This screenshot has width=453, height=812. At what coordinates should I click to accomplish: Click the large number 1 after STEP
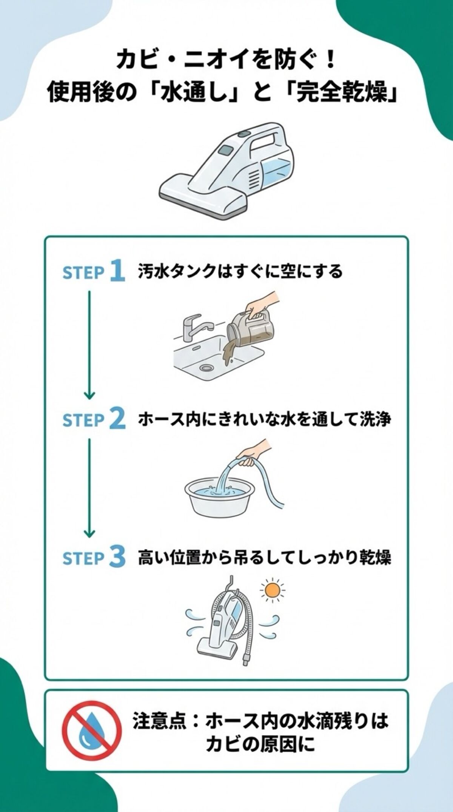click(117, 271)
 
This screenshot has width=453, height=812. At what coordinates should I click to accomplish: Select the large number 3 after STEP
click(117, 558)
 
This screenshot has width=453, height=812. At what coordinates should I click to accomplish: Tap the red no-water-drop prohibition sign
click(92, 730)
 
